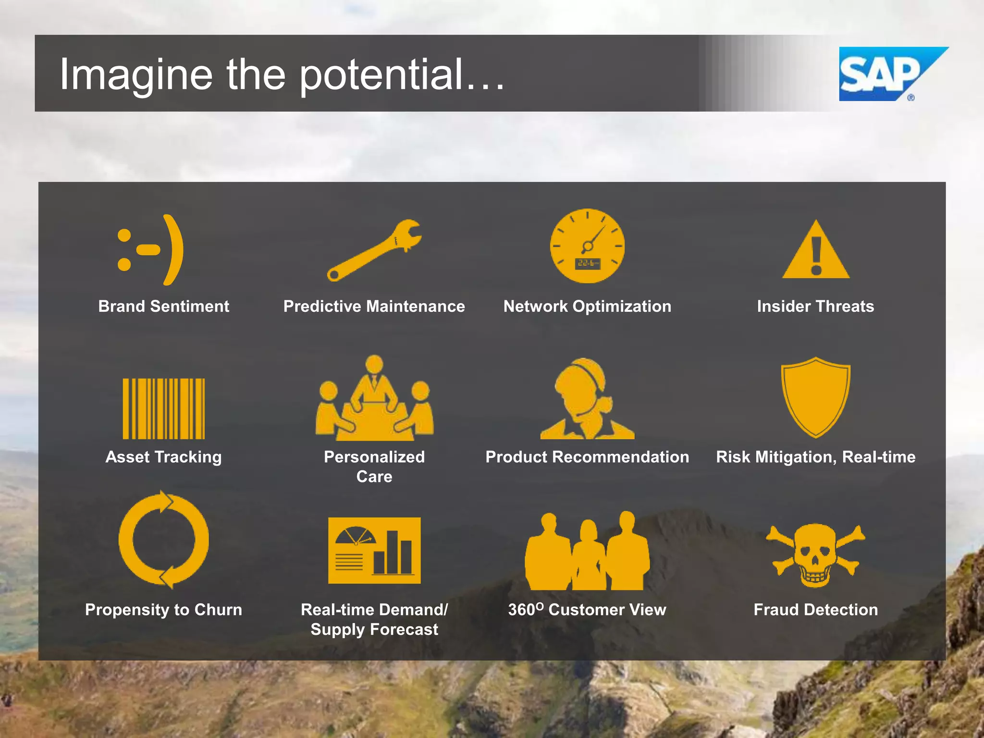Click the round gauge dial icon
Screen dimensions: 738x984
pyautogui.click(x=587, y=246)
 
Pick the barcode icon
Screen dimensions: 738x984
pyautogui.click(x=163, y=408)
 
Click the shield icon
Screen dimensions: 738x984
pyautogui.click(x=816, y=396)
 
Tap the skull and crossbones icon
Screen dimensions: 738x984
pyautogui.click(x=816, y=555)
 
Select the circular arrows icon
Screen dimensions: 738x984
pyautogui.click(x=163, y=540)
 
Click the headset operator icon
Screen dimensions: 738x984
pyautogui.click(x=587, y=399)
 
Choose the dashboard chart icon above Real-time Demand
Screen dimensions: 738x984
pyautogui.click(x=374, y=551)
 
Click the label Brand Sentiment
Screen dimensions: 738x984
pyautogui.click(x=163, y=307)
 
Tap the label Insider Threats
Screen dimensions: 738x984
pyautogui.click(x=815, y=307)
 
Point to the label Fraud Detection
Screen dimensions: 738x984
pyautogui.click(x=815, y=610)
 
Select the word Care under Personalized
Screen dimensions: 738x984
pyautogui.click(x=374, y=477)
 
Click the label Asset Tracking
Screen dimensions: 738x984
pyautogui.click(x=163, y=457)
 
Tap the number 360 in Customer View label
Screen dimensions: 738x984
pyautogui.click(x=521, y=610)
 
